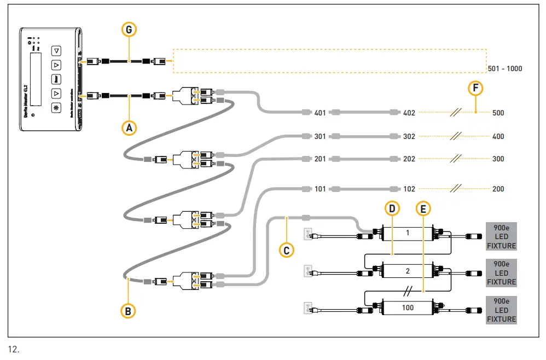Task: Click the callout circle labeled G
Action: [x=129, y=31]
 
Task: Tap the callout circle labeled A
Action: [x=129, y=127]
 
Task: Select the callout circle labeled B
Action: [x=128, y=310]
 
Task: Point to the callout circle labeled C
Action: [x=286, y=250]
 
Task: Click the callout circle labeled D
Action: [x=392, y=208]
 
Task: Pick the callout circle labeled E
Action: [x=423, y=208]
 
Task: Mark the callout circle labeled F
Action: [x=476, y=88]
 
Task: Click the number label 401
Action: [x=320, y=113]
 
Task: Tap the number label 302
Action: [x=409, y=137]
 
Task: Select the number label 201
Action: [x=320, y=159]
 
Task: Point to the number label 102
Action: [x=409, y=189]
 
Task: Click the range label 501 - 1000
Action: [x=504, y=69]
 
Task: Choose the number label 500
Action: [x=498, y=113]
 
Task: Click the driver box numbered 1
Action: [x=408, y=234]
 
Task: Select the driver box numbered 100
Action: [x=408, y=307]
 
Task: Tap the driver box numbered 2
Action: [x=408, y=270]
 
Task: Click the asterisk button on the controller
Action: [x=56, y=107]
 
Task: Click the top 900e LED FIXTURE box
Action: [x=501, y=236]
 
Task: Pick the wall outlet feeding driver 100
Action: [x=308, y=308]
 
